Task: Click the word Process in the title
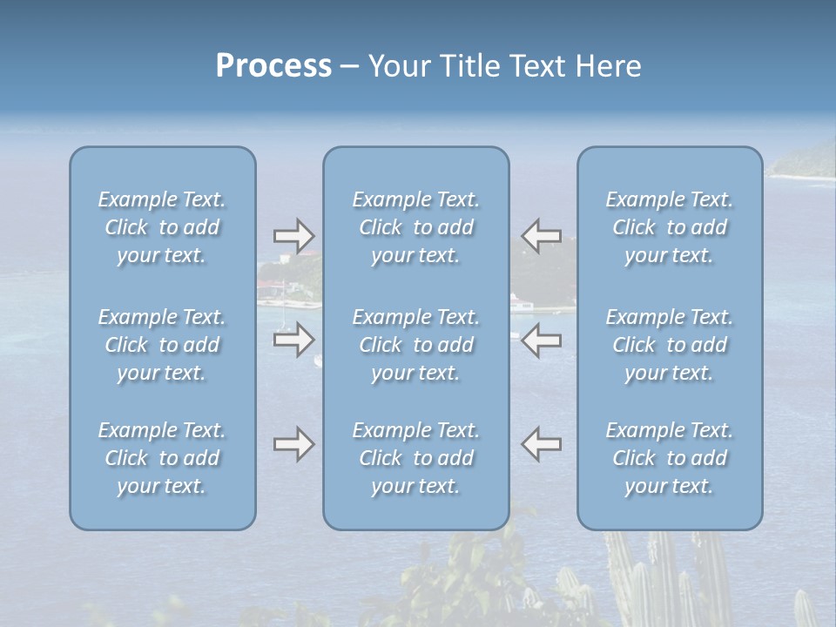click(273, 66)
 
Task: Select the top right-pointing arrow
click(293, 235)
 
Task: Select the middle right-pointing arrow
click(293, 340)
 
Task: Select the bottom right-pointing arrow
click(293, 444)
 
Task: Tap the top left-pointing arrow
click(541, 235)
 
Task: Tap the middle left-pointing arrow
click(541, 340)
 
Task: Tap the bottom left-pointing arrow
click(541, 444)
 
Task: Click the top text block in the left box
click(162, 227)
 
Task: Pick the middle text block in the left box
click(162, 345)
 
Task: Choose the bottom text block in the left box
click(162, 458)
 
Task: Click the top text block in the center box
click(415, 227)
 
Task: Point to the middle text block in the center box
click(415, 345)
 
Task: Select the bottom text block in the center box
click(415, 458)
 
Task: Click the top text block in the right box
click(670, 227)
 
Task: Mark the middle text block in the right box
click(670, 345)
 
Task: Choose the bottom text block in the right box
click(670, 458)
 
